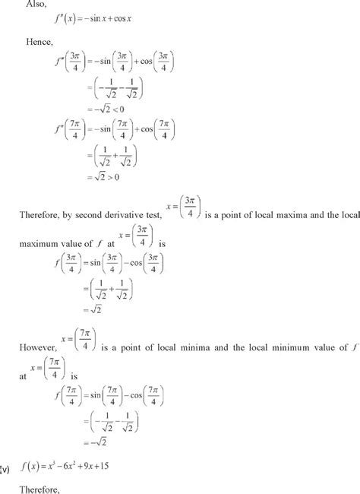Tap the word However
pyautogui.click(x=39, y=339)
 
